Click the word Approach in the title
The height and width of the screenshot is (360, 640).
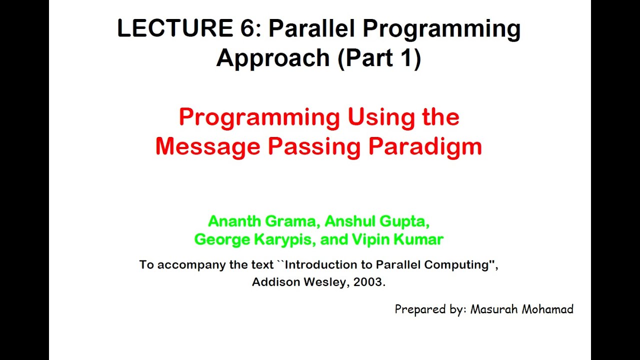click(272, 58)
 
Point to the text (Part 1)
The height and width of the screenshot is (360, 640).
click(379, 58)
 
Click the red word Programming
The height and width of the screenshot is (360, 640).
click(259, 118)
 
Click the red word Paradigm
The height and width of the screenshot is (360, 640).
click(425, 147)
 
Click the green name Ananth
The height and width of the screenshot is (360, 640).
click(231, 220)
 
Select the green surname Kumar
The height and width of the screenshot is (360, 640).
click(418, 239)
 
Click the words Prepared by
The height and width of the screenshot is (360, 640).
click(430, 309)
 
